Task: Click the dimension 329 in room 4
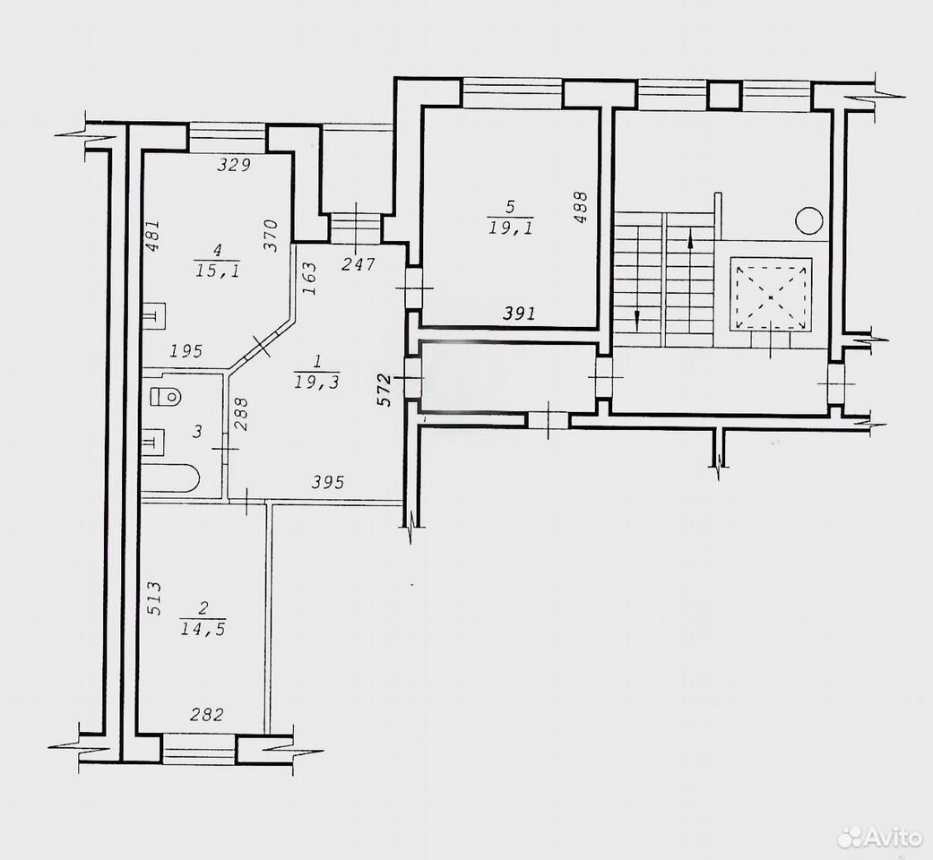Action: point(234,165)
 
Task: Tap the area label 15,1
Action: point(217,271)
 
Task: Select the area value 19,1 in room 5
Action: point(511,228)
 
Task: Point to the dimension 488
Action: point(581,207)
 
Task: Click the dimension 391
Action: point(520,313)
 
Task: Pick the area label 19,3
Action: point(316,382)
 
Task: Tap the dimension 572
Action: point(385,391)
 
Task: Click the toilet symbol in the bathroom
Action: point(166,396)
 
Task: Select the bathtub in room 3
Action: point(170,478)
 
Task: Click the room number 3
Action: point(198,431)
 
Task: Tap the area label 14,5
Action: point(203,629)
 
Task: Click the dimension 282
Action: point(206,714)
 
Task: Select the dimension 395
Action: point(328,482)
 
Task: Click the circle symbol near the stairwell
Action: point(809,220)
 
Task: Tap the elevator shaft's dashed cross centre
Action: point(771,296)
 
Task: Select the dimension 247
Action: point(358,263)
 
